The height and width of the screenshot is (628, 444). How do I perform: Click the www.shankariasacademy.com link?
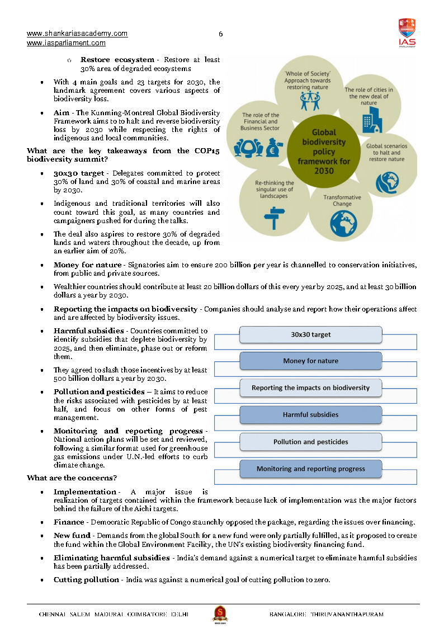[x=77, y=34]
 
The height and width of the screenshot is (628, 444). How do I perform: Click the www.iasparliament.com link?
[x=66, y=43]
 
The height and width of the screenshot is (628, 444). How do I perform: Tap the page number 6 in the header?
[x=221, y=34]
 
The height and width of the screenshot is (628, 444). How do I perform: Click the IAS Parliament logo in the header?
[x=407, y=33]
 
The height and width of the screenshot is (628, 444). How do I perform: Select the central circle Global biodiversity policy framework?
[x=324, y=151]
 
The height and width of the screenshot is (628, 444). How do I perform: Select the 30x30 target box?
[x=310, y=334]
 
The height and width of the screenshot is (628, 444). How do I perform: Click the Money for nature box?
[x=310, y=361]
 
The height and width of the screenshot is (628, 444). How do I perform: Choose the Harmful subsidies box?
[x=310, y=415]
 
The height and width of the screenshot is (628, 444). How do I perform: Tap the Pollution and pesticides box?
[x=310, y=442]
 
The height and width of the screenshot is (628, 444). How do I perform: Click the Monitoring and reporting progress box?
[x=310, y=469]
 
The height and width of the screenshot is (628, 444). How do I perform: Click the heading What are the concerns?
[x=72, y=478]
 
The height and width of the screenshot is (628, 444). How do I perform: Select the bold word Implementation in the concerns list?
[x=85, y=492]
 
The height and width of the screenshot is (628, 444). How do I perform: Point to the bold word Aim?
[x=61, y=112]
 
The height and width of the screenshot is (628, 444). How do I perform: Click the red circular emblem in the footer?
[x=220, y=613]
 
